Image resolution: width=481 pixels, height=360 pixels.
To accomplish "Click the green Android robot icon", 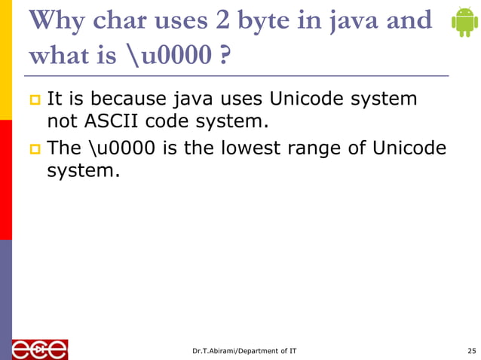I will [x=463, y=22].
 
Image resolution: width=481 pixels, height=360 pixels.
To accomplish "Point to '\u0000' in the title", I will [x=161, y=57].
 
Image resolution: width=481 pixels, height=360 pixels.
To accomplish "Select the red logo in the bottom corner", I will [x=39, y=349].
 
